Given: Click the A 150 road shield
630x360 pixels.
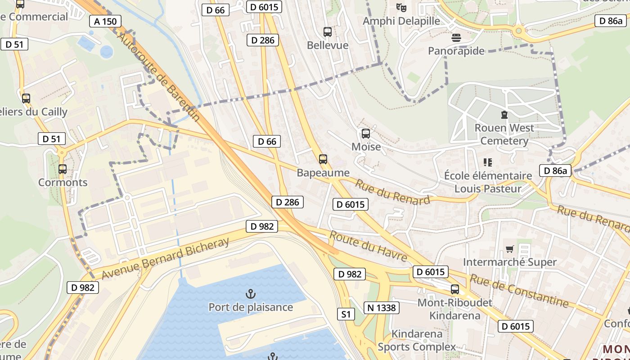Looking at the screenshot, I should [105, 21].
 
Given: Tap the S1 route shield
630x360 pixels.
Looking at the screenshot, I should [346, 314].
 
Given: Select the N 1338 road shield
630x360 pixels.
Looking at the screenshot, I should [381, 307].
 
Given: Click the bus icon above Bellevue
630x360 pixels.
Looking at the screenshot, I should [328, 32].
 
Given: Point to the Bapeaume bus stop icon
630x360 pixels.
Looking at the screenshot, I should [323, 159].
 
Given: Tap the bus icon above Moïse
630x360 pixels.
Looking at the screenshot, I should [366, 133].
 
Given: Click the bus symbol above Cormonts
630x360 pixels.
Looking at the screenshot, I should [63, 169].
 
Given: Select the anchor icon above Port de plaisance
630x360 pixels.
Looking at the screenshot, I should [251, 294].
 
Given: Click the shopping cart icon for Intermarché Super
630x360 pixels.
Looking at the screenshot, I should [510, 249].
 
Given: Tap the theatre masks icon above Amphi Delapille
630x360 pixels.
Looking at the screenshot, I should [401, 7].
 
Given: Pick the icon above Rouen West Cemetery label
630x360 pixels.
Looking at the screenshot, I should [504, 115].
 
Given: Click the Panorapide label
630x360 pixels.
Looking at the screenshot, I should [456, 51].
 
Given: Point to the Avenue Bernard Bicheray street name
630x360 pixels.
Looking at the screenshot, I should [166, 258].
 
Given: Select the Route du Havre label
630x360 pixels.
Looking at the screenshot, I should [368, 246].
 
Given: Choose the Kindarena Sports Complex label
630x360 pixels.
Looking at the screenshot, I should [417, 340].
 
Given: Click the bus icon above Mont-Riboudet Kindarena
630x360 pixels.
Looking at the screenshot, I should [455, 289].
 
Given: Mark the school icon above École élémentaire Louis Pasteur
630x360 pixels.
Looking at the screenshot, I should [488, 162].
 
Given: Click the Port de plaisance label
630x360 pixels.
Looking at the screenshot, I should [251, 307].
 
